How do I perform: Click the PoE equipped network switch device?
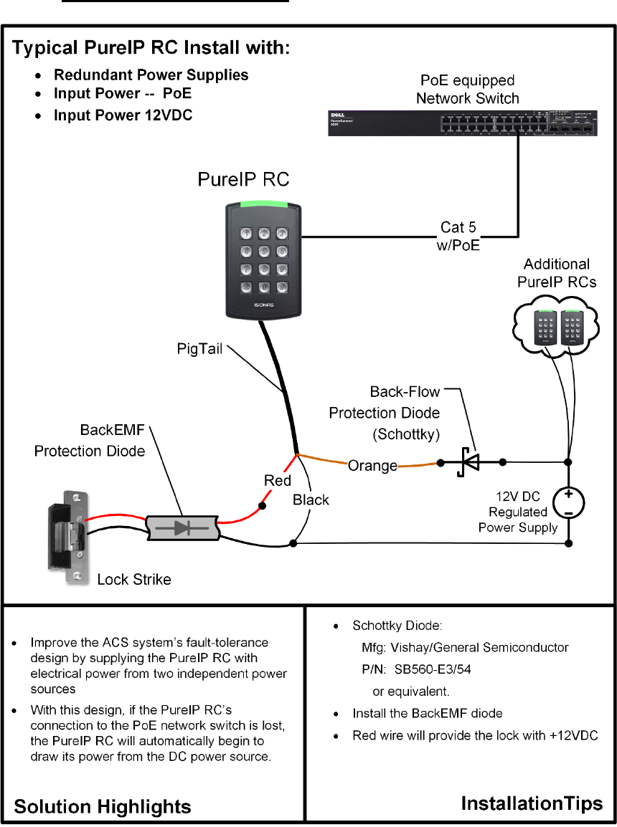463,123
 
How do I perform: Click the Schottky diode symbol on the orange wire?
471,462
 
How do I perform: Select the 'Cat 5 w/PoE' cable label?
459,236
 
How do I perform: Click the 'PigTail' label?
201,348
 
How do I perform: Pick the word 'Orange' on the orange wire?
372,466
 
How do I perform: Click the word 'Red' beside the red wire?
278,480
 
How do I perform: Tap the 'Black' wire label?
311,499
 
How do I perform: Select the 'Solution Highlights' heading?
103,806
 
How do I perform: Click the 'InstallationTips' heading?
532,804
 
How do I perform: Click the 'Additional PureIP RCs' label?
557,273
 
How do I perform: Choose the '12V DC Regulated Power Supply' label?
518,512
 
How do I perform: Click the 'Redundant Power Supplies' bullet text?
151,75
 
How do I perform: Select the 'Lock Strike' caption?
134,579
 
